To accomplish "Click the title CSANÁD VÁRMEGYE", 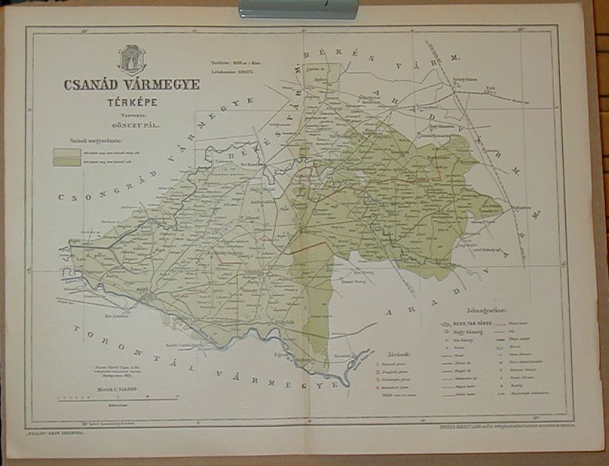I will tap(131, 85).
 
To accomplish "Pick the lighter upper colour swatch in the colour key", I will tap(66, 152).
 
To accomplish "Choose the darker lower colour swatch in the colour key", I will tap(66, 162).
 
